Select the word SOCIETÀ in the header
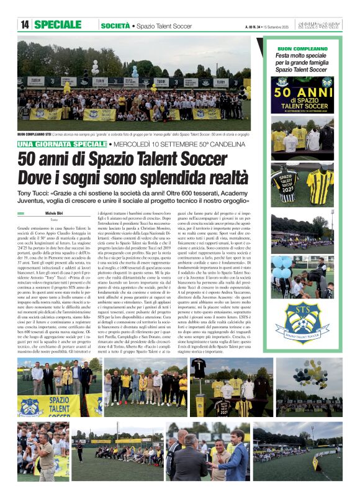(115, 25)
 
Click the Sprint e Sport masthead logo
(318, 25)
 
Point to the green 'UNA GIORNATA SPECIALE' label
(71, 144)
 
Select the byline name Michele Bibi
(54, 213)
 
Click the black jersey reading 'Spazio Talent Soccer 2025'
(285, 184)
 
